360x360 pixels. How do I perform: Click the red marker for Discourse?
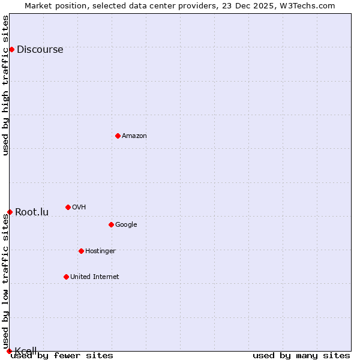(11, 49)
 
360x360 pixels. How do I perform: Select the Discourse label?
(40, 50)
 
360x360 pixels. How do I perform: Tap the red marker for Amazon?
(118, 136)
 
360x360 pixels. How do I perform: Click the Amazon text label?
(134, 136)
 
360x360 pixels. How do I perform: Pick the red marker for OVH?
(68, 207)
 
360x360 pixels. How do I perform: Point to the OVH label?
(79, 208)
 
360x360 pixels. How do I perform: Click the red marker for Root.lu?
(10, 212)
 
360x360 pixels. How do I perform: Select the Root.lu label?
(32, 212)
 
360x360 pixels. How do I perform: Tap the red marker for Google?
(111, 224)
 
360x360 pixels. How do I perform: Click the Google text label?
(126, 225)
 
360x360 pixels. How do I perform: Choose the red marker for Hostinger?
(81, 251)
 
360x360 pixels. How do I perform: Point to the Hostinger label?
(100, 251)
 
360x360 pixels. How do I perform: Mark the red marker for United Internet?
(66, 277)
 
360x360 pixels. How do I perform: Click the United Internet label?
(94, 277)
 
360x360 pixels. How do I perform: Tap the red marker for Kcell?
(9, 351)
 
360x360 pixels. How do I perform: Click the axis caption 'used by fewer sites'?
(62, 356)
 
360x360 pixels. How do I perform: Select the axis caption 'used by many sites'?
(301, 356)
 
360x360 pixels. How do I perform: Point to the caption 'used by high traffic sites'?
(6, 85)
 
